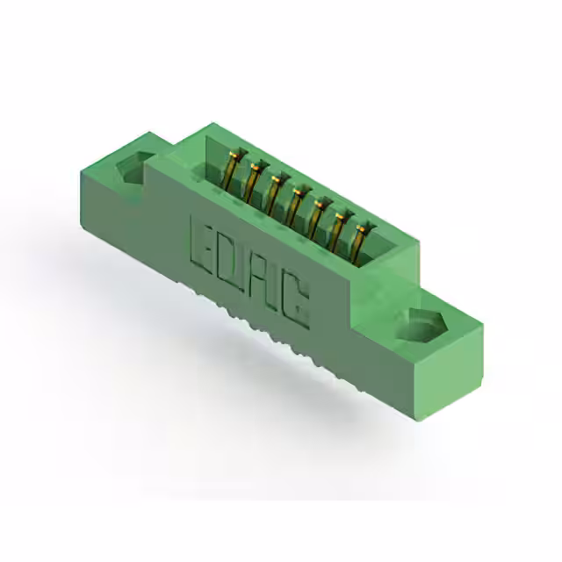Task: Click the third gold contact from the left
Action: click(274, 191)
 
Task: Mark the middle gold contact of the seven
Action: click(296, 203)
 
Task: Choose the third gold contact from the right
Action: click(317, 215)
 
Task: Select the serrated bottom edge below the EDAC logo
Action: click(263, 338)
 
